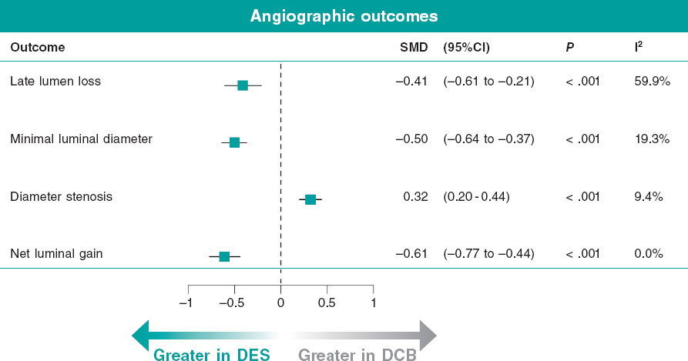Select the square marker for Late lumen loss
pos(243,85)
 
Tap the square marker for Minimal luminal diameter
pos(234,142)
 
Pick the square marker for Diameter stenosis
pos(310,199)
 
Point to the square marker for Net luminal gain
pos(224,256)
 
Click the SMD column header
pos(413,47)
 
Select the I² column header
pos(639,46)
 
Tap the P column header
pos(569,47)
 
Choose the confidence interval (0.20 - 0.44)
pos(477,196)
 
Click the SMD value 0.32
pos(415,196)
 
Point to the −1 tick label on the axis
pos(185,303)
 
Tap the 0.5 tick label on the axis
pos(327,303)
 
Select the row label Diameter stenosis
pos(62,196)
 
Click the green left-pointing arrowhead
pos(141,336)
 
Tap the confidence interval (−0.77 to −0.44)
pos(488,253)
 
